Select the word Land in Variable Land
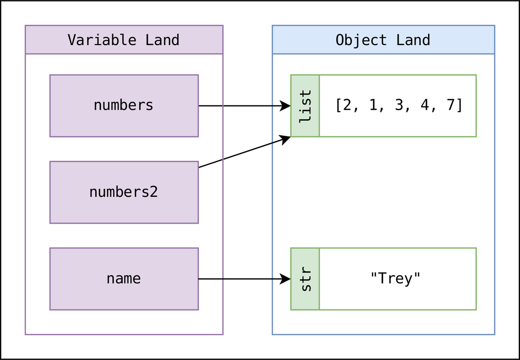162,40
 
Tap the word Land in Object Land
413,40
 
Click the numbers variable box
124,105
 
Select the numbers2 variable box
124,192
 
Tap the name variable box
124,278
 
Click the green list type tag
305,105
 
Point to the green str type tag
305,279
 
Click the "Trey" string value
395,278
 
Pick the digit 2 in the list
347,105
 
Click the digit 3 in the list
399,105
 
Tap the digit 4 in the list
424,105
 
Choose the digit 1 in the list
373,105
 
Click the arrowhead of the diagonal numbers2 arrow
286,139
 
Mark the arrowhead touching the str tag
286,279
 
